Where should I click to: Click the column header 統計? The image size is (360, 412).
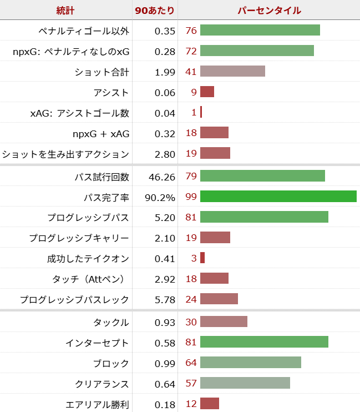pos(65,11)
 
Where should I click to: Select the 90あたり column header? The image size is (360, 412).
pos(155,11)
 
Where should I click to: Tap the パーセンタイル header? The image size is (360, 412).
pos(269,11)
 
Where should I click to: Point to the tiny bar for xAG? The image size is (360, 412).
pos(201,112)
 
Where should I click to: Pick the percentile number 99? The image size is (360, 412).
pos(191,197)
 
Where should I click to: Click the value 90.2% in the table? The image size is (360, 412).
pos(160,197)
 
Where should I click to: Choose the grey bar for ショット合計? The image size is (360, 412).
pos(232,72)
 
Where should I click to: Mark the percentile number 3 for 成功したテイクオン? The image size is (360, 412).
pos(194,258)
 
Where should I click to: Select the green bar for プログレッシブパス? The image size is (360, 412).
pos(264,217)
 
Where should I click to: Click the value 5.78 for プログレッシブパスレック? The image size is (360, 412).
pos(165,300)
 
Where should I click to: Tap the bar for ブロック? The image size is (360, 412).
pos(250,363)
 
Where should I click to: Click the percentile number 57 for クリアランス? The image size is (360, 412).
pos(191,384)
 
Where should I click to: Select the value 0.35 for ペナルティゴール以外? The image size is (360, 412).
pos(165,31)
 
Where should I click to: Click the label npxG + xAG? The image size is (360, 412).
pos(100,133)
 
